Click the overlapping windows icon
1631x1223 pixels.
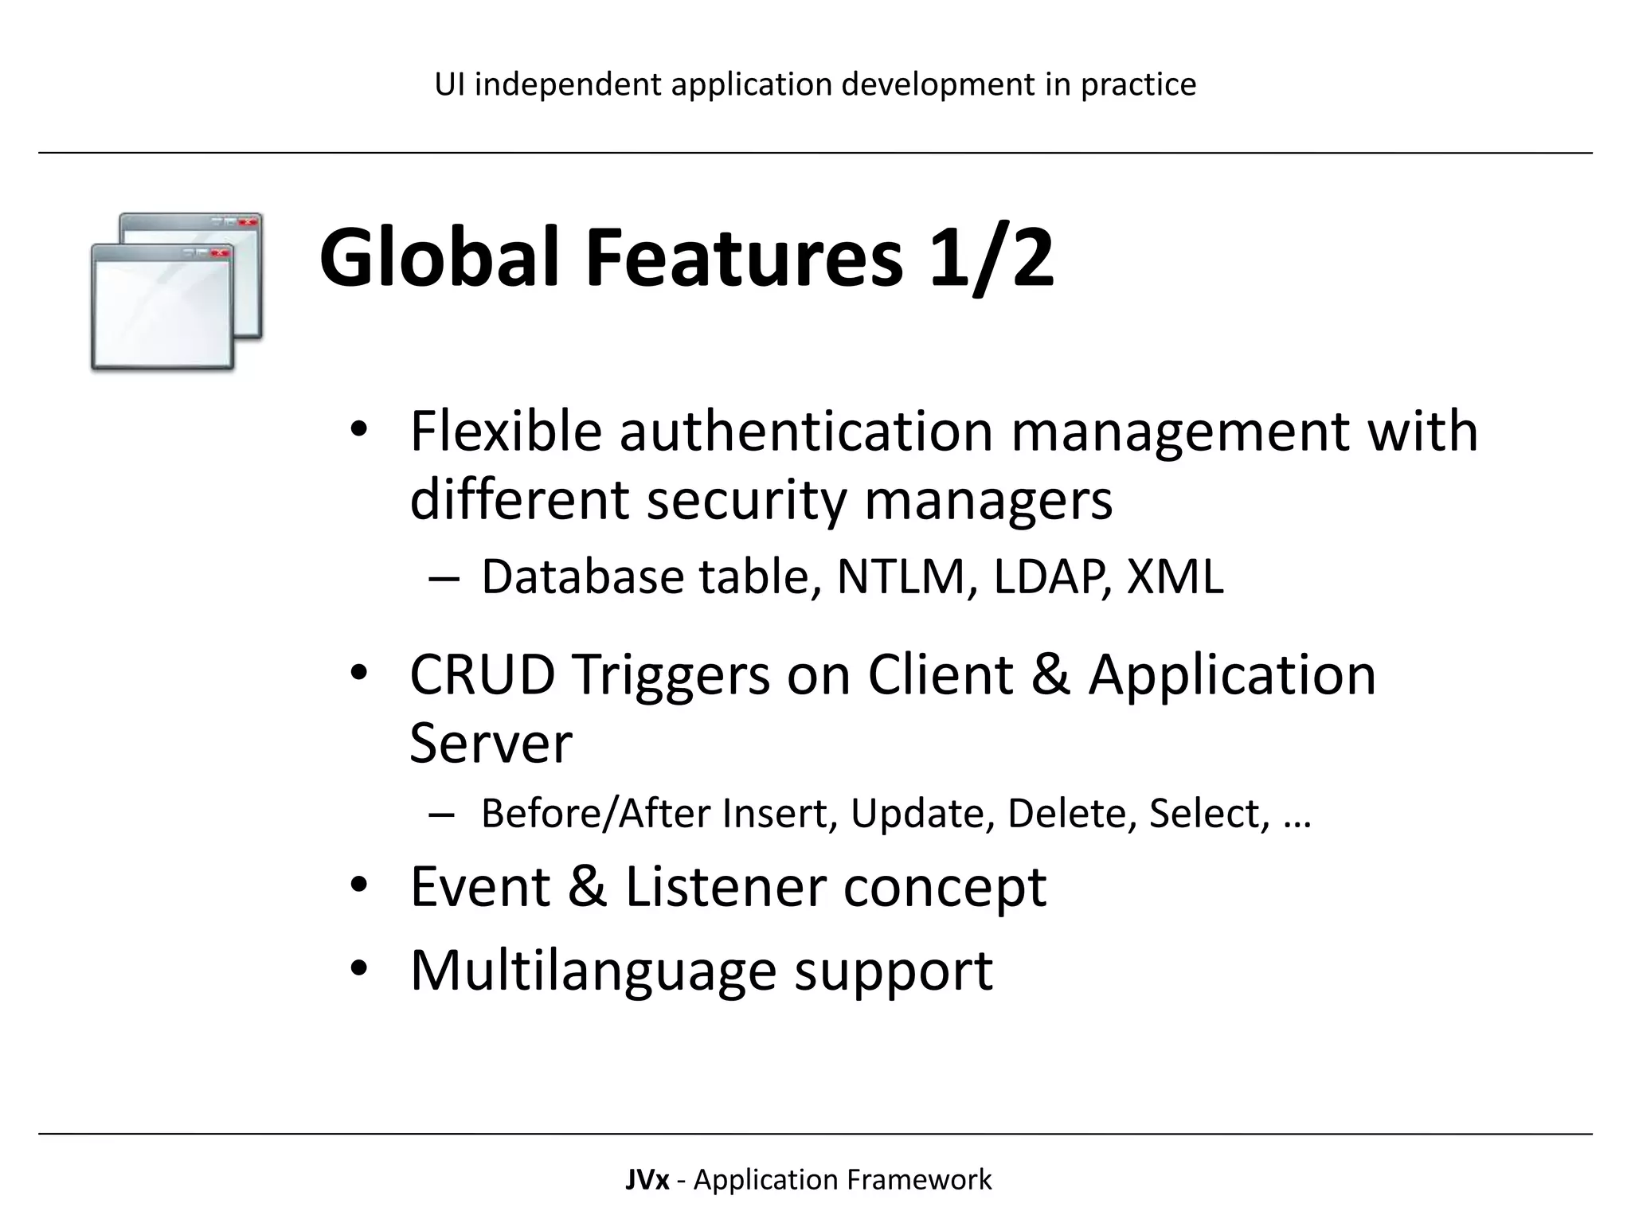176,291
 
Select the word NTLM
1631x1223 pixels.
901,576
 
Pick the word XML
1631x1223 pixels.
1175,576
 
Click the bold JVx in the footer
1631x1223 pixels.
647,1179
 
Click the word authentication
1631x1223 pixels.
806,431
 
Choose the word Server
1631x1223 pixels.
491,743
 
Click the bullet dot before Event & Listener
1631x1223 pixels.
358,885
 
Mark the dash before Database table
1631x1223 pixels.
443,578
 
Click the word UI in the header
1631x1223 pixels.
450,84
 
